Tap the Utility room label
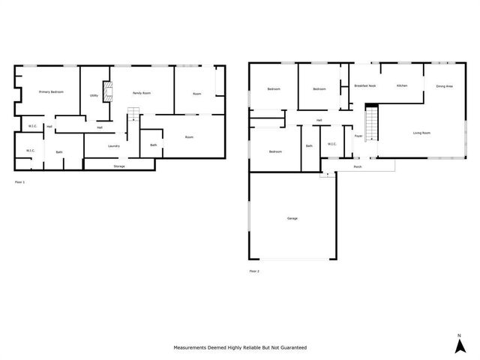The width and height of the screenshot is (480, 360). [x=94, y=95]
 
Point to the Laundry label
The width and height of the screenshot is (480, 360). [x=114, y=145]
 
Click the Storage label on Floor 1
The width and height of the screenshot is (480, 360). [x=119, y=166]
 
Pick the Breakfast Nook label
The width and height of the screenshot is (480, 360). [x=365, y=86]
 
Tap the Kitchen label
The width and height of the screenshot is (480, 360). [x=402, y=86]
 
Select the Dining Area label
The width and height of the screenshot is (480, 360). [x=444, y=86]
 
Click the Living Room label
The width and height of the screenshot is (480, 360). [x=421, y=133]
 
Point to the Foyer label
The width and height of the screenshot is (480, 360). [x=358, y=136]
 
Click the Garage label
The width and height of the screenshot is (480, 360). [x=292, y=218]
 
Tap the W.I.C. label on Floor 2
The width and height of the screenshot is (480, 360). [x=331, y=144]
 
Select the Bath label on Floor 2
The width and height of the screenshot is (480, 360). [x=309, y=145]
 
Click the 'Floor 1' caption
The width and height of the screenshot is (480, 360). [x=20, y=182]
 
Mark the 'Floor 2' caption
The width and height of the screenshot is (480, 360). [x=254, y=271]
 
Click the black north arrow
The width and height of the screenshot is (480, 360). [x=458, y=346]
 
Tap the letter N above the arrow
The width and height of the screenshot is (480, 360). [x=458, y=334]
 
